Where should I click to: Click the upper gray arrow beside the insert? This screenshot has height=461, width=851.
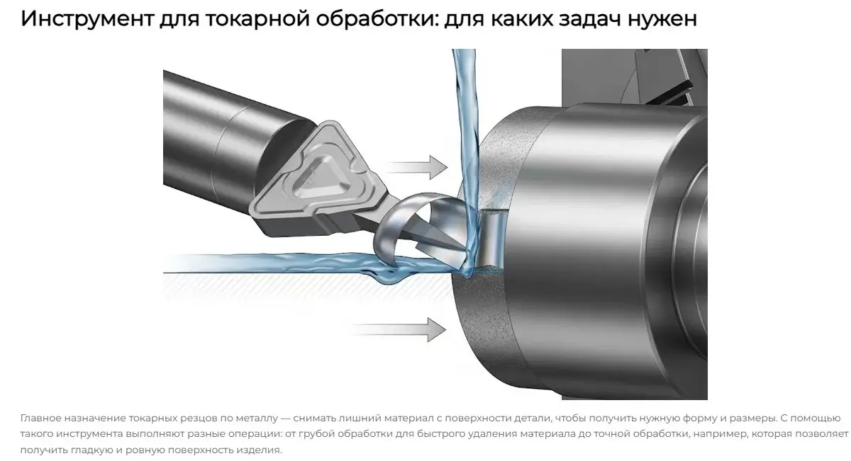417,167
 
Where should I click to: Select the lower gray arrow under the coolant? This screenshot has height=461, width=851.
398,330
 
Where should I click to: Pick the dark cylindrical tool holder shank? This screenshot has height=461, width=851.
228,137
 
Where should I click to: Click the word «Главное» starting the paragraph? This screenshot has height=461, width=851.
40,418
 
